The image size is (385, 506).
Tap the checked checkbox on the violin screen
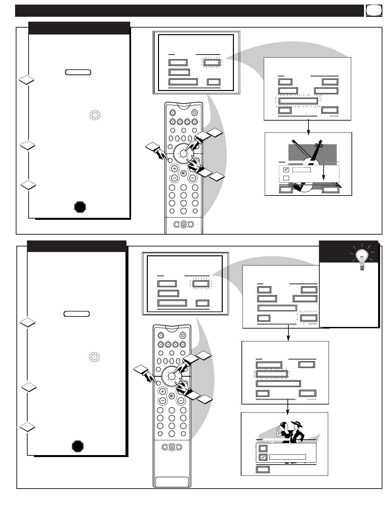[286, 170]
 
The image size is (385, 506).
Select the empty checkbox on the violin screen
[286, 178]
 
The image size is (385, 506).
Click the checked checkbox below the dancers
[263, 457]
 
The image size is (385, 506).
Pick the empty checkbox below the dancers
[263, 448]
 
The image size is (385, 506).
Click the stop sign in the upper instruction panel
[80, 207]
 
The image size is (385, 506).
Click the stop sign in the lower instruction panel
[78, 446]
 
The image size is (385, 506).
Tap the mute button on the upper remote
[184, 173]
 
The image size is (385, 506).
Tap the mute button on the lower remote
[171, 396]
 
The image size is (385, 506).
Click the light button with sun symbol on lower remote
[171, 447]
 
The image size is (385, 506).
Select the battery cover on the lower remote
[171, 481]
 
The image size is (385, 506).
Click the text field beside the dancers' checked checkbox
[287, 457]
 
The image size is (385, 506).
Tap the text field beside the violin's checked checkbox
[301, 170]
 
